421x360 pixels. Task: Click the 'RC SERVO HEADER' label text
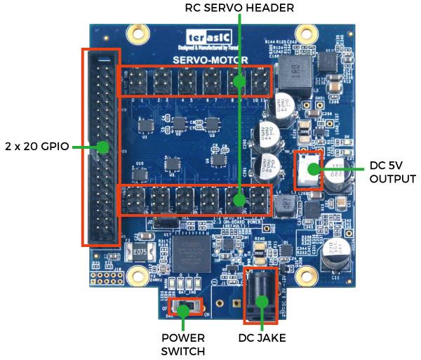pos(239,8)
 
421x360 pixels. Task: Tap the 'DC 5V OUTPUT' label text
pos(393,172)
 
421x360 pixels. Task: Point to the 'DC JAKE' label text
pos(262,338)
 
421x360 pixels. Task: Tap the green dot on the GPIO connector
pos(103,147)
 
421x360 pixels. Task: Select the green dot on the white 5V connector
pos(311,168)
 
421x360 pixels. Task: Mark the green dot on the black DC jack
pos(262,302)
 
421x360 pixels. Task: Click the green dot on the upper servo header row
pos(239,81)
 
